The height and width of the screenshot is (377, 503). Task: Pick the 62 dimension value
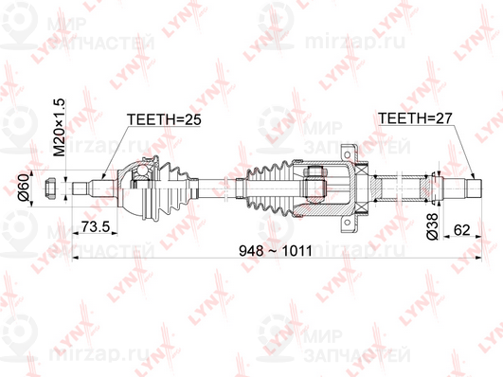(462, 228)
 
